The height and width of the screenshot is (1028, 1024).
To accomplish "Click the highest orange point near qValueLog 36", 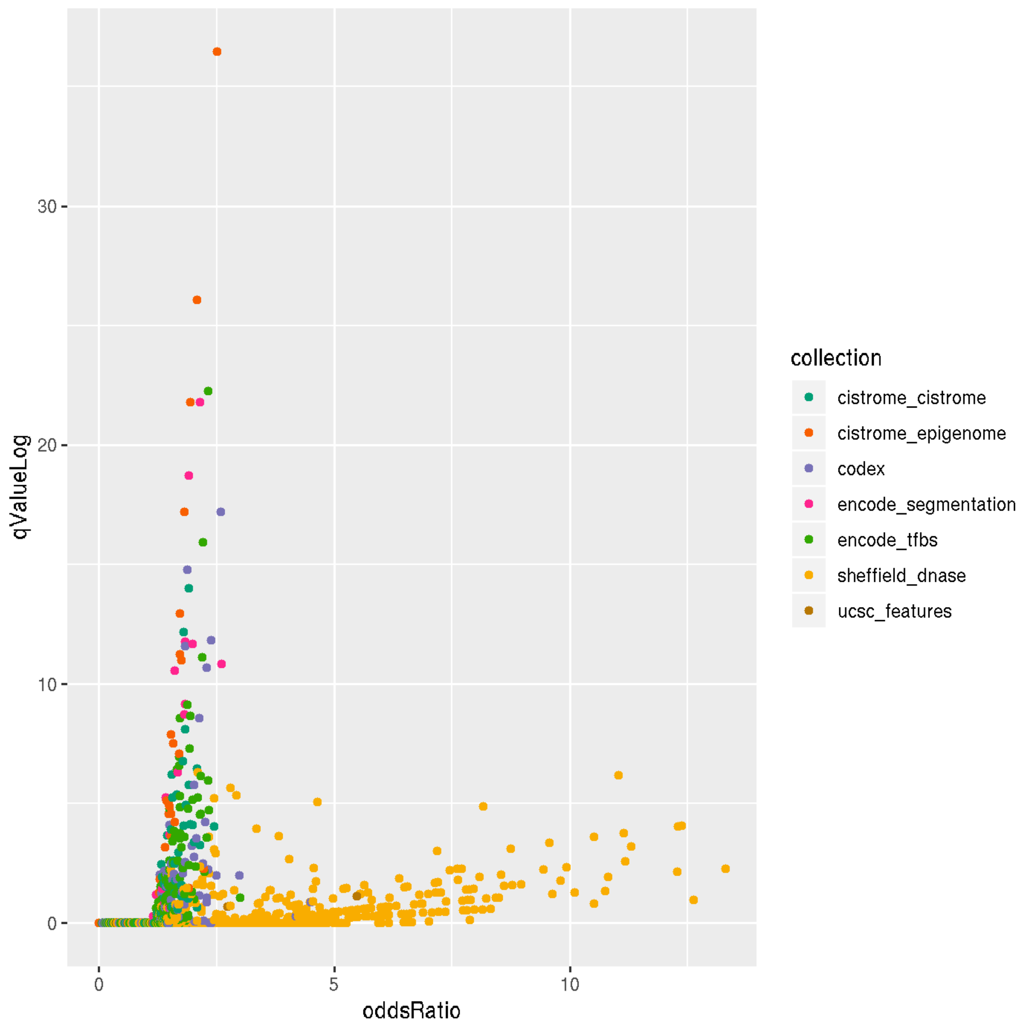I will (x=216, y=51).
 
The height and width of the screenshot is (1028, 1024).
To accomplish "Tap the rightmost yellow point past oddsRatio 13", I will (x=725, y=869).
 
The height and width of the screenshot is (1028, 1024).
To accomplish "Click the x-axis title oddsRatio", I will (x=411, y=1010).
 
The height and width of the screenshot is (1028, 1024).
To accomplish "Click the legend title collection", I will (x=836, y=358).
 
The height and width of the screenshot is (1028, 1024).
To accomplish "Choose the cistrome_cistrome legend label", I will (x=911, y=398).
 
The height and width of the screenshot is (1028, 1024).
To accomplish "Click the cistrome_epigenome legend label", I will (x=921, y=434).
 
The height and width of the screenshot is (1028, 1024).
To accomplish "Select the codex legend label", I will (x=860, y=469).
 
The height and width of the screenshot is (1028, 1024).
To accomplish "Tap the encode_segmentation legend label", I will (x=926, y=504).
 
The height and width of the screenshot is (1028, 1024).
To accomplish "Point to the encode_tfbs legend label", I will (x=887, y=540).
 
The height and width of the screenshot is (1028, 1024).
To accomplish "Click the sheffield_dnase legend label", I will (x=901, y=576).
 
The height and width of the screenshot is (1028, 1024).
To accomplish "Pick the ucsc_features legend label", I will (x=894, y=611).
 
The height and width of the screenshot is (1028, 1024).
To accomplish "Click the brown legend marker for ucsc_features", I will (x=809, y=611).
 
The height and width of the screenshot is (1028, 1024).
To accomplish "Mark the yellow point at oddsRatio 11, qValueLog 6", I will (x=618, y=775).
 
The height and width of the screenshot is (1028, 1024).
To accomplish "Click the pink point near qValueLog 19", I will (x=188, y=476).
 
